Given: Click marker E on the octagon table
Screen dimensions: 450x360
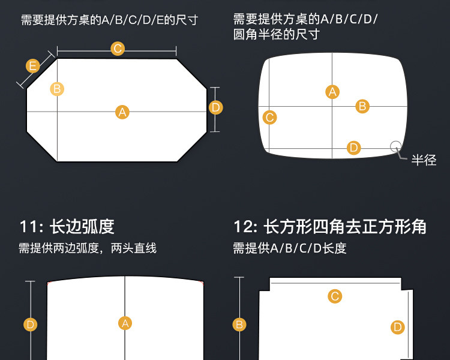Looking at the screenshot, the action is [33, 66].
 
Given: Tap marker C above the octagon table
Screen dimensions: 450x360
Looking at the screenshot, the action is [118, 49].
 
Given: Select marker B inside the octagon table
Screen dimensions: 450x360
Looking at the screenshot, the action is [57, 89].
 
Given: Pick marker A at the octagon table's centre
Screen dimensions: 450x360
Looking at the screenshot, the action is [122, 112].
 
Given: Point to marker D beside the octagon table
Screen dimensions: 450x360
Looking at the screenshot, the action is [216, 107].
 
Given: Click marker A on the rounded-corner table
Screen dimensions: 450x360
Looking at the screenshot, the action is [332, 92].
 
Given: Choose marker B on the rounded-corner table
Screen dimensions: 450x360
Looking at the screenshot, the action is [362, 106].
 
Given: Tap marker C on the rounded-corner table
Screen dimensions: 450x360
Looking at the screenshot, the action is [269, 118].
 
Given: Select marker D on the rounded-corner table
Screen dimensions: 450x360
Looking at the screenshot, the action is [353, 148].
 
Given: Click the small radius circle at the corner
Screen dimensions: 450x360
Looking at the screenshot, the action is [396, 146].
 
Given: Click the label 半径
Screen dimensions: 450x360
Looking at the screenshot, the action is [424, 160].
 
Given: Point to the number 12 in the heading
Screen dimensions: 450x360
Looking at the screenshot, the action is [244, 227].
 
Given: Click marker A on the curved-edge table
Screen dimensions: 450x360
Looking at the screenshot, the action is [125, 323].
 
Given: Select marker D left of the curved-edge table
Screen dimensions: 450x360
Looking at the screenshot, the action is [31, 325].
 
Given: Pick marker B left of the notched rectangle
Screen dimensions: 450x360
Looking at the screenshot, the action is [239, 325].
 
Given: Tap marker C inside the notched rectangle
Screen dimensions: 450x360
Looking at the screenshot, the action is [335, 295].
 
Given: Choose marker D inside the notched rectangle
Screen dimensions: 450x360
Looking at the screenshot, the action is [397, 327].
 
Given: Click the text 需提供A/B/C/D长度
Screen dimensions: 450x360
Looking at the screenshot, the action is [290, 248].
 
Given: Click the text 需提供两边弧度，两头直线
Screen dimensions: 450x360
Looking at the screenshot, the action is [88, 248].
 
